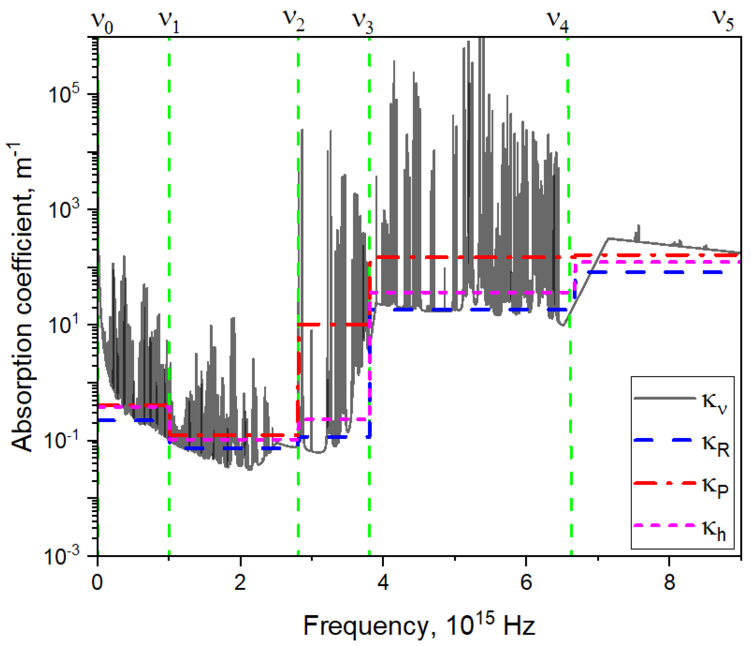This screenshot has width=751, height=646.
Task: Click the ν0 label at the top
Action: pos(103,23)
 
